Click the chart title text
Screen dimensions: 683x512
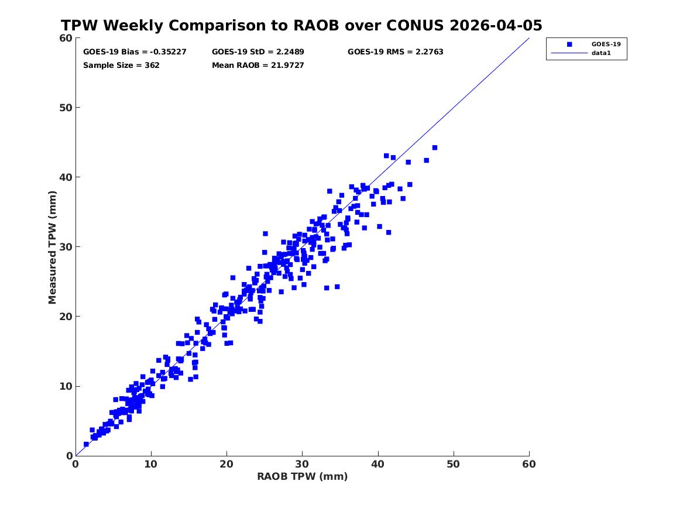[301, 25]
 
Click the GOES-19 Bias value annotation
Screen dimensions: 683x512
[135, 52]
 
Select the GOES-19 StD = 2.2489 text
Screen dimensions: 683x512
[258, 52]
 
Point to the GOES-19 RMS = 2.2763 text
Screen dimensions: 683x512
[396, 52]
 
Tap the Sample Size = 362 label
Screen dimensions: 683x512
[121, 66]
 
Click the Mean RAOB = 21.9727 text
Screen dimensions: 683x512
[258, 66]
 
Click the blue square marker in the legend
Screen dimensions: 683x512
[569, 44]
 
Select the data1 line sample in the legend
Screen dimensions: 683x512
[569, 53]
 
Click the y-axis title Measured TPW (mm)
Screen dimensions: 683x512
[52, 248]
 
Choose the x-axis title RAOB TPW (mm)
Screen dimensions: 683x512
[303, 476]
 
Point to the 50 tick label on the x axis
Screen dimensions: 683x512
[454, 464]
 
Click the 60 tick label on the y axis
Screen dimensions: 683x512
[66, 38]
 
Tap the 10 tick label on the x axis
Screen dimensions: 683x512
[151, 464]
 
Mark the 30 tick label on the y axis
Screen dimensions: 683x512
[66, 247]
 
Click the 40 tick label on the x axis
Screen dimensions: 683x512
[378, 464]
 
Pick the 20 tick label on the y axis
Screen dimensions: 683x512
[66, 317]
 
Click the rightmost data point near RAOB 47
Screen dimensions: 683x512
[435, 148]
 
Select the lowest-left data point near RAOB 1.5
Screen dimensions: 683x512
[86, 445]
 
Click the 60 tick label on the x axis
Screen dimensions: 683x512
[529, 464]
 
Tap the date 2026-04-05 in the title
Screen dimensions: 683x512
[496, 25]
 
